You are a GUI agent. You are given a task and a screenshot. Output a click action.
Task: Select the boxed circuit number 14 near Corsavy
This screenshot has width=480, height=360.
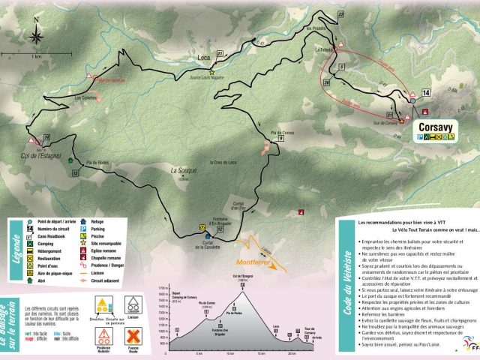[x=426, y=92]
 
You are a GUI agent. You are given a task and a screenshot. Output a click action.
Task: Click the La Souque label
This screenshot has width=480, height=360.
[x=183, y=171]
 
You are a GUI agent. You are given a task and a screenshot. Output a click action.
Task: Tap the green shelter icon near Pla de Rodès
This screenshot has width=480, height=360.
[x=71, y=160]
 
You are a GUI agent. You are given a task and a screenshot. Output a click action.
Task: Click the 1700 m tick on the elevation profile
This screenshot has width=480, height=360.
[x=172, y=287]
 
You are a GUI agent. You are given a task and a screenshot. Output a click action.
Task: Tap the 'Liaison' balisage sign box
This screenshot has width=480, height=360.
[x=135, y=304]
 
